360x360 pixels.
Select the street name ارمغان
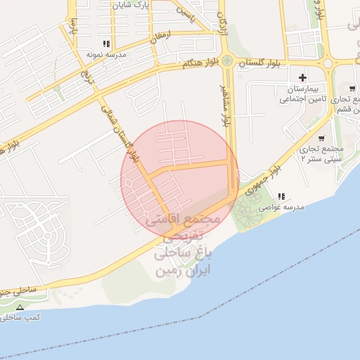click(160, 36)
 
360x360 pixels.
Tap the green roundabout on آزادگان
click(227, 60)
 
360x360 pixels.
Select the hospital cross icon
click(303, 77)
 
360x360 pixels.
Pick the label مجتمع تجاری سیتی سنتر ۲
click(321, 154)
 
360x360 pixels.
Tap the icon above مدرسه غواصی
click(281, 196)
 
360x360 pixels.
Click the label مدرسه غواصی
click(281, 207)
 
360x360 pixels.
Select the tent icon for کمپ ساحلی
click(20, 308)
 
